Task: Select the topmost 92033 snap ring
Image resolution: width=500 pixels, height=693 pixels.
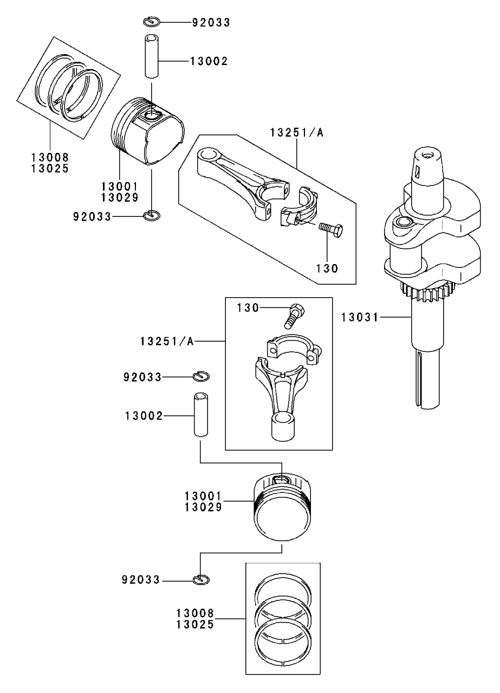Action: pyautogui.click(x=152, y=22)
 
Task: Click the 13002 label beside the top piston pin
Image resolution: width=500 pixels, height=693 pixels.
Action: pyautogui.click(x=209, y=61)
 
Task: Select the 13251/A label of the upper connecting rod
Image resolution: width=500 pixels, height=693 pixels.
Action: pyautogui.click(x=297, y=132)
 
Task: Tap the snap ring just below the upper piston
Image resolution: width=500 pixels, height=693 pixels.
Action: pyautogui.click(x=152, y=216)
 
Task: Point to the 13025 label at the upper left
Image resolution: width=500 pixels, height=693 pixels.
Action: pyautogui.click(x=49, y=168)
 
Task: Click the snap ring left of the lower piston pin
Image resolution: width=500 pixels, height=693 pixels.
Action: pyautogui.click(x=201, y=376)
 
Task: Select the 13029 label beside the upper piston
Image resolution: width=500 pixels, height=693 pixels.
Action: pyautogui.click(x=123, y=196)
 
